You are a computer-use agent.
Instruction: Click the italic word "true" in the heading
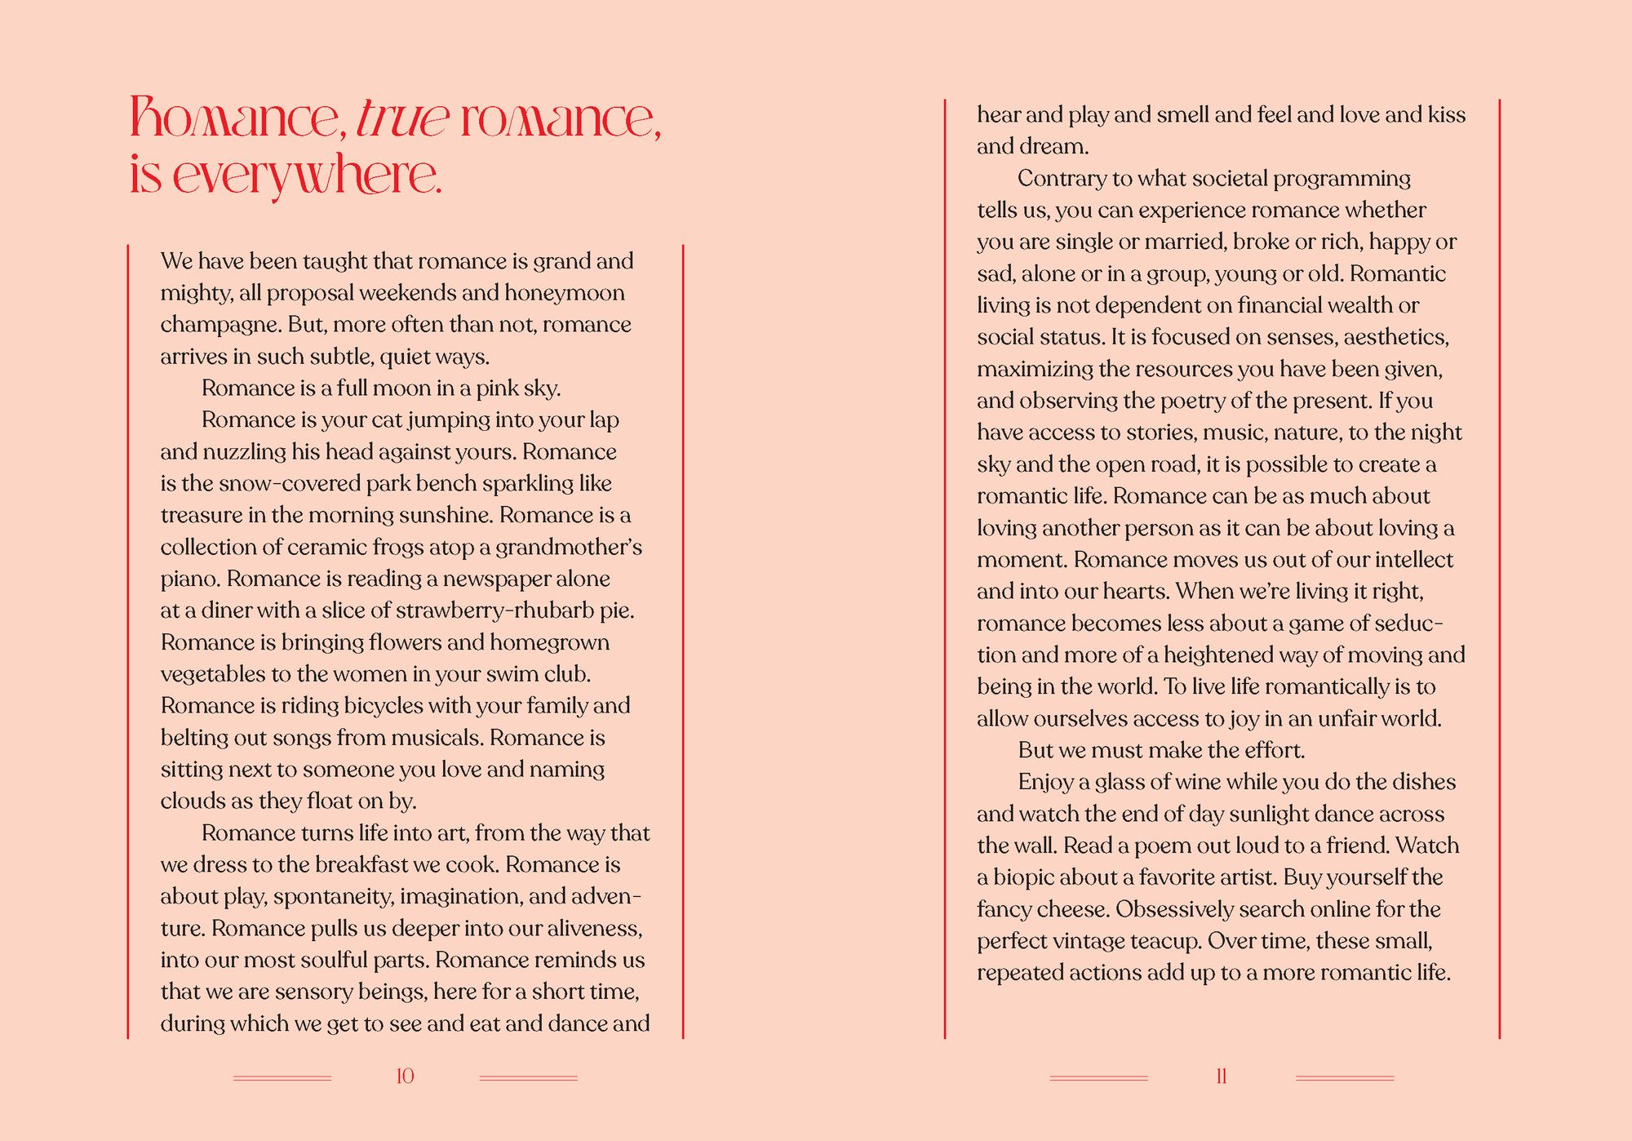click(402, 119)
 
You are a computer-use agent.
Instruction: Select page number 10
click(405, 1077)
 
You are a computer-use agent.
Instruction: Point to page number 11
click(1222, 1077)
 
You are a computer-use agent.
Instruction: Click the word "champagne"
click(220, 326)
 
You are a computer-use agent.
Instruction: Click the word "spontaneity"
click(333, 897)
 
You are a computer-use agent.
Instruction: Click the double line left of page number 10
click(282, 1078)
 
